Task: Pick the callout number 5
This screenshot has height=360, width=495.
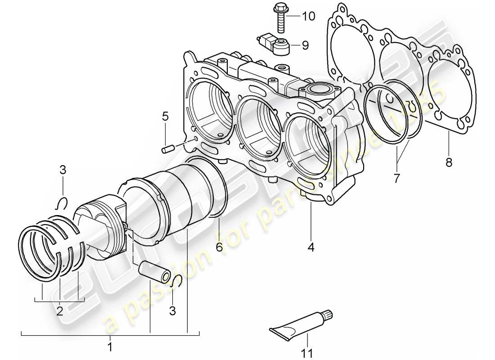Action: (x=165, y=117)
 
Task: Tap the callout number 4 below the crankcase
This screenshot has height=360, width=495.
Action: (x=311, y=247)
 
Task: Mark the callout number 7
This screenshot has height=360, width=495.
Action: (x=396, y=178)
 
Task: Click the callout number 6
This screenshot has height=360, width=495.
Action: (x=219, y=247)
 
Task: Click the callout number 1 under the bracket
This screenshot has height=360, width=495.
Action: (x=110, y=347)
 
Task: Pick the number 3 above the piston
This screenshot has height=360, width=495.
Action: (x=63, y=170)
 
